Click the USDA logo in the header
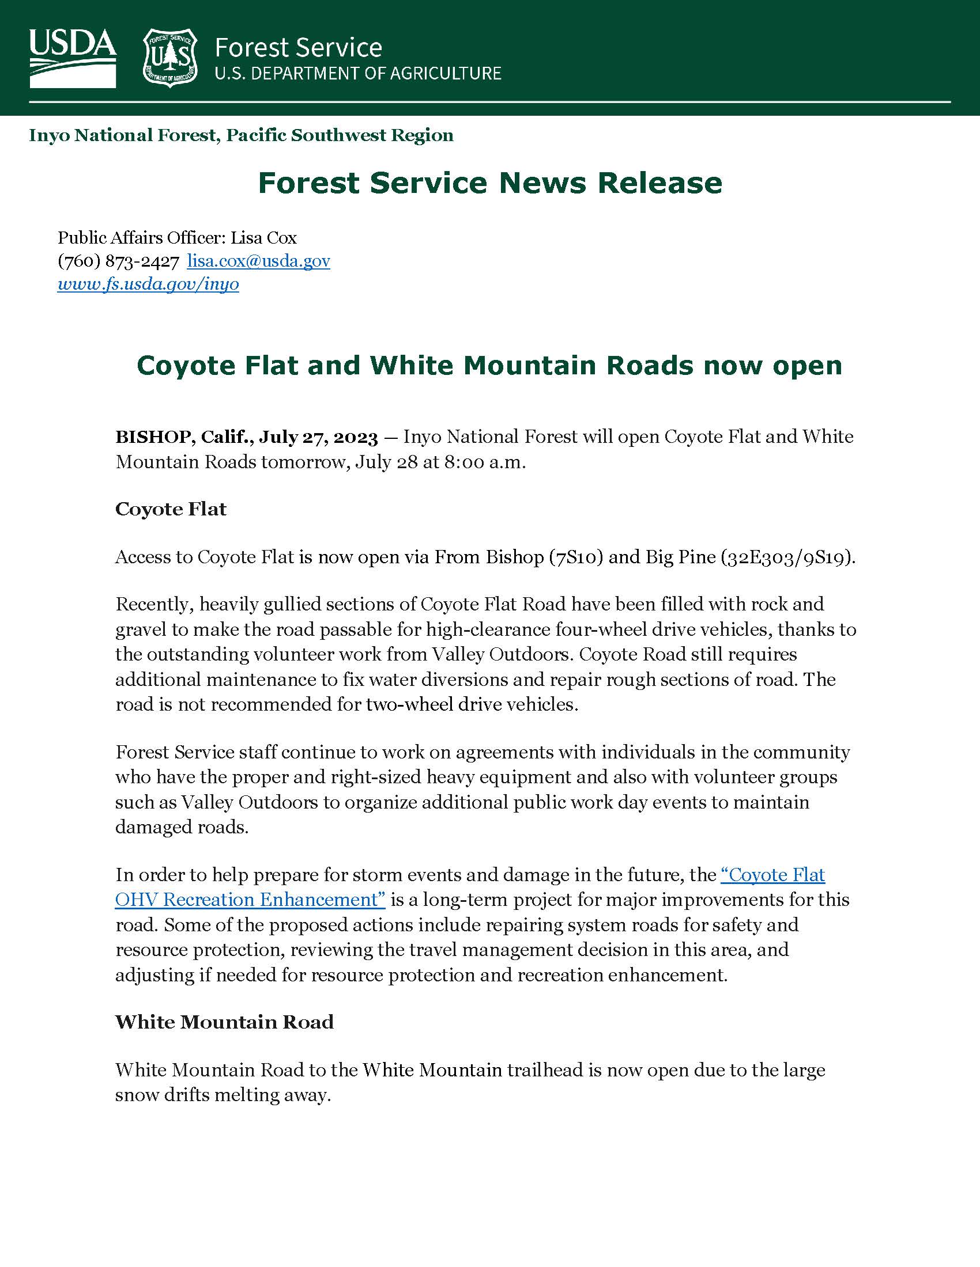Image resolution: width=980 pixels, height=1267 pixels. [73, 58]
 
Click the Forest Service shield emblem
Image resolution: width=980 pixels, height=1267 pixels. [170, 58]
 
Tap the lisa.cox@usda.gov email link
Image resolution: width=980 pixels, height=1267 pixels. [258, 261]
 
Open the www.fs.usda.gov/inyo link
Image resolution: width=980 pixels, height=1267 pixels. [148, 284]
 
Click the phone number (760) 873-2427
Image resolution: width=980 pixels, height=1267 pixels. [118, 261]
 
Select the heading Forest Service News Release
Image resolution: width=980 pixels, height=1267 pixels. [490, 183]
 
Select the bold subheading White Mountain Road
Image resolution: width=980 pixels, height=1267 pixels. [224, 1022]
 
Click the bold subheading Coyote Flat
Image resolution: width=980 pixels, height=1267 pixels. [171, 509]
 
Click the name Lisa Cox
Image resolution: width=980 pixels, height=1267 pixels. [263, 238]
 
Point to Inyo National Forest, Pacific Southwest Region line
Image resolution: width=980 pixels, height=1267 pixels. [241, 135]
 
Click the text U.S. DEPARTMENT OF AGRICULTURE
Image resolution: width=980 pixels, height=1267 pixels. [357, 74]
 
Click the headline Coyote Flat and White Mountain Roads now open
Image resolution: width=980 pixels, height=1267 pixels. [489, 366]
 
